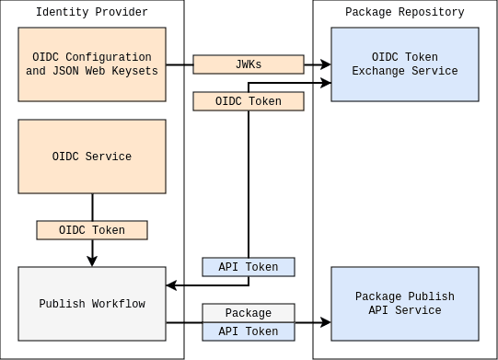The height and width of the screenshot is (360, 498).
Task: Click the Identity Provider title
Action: pyautogui.click(x=91, y=12)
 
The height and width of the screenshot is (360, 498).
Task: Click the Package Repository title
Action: pyautogui.click(x=404, y=12)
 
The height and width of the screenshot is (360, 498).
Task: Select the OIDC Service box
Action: pyautogui.click(x=92, y=157)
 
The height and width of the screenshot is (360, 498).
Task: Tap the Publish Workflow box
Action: pyautogui.click(x=92, y=304)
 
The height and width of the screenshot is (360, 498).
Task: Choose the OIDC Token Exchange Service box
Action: pyautogui.click(x=405, y=64)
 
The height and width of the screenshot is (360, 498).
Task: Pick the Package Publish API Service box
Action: pyautogui.click(x=405, y=304)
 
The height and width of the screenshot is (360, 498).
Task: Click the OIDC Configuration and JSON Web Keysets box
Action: pyautogui.click(x=92, y=64)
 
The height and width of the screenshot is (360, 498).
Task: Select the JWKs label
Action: pyautogui.click(x=249, y=64)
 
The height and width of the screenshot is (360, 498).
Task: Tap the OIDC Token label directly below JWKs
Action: pyautogui.click(x=249, y=101)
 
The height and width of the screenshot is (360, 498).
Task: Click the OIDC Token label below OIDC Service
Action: pyautogui.click(x=92, y=230)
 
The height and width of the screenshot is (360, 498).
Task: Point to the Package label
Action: pyautogui.click(x=249, y=313)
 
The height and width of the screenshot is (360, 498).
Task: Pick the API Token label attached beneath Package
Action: pyautogui.click(x=249, y=331)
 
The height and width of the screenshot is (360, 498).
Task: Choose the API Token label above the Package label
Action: pyautogui.click(x=249, y=267)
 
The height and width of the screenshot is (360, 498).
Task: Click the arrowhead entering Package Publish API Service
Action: pyautogui.click(x=325, y=322)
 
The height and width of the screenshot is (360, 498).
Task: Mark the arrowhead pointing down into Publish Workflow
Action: pyautogui.click(x=92, y=261)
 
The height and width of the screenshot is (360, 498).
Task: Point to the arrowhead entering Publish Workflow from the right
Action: pyautogui.click(x=171, y=285)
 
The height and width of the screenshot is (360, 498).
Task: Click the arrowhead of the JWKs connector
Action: pyautogui.click(x=325, y=64)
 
